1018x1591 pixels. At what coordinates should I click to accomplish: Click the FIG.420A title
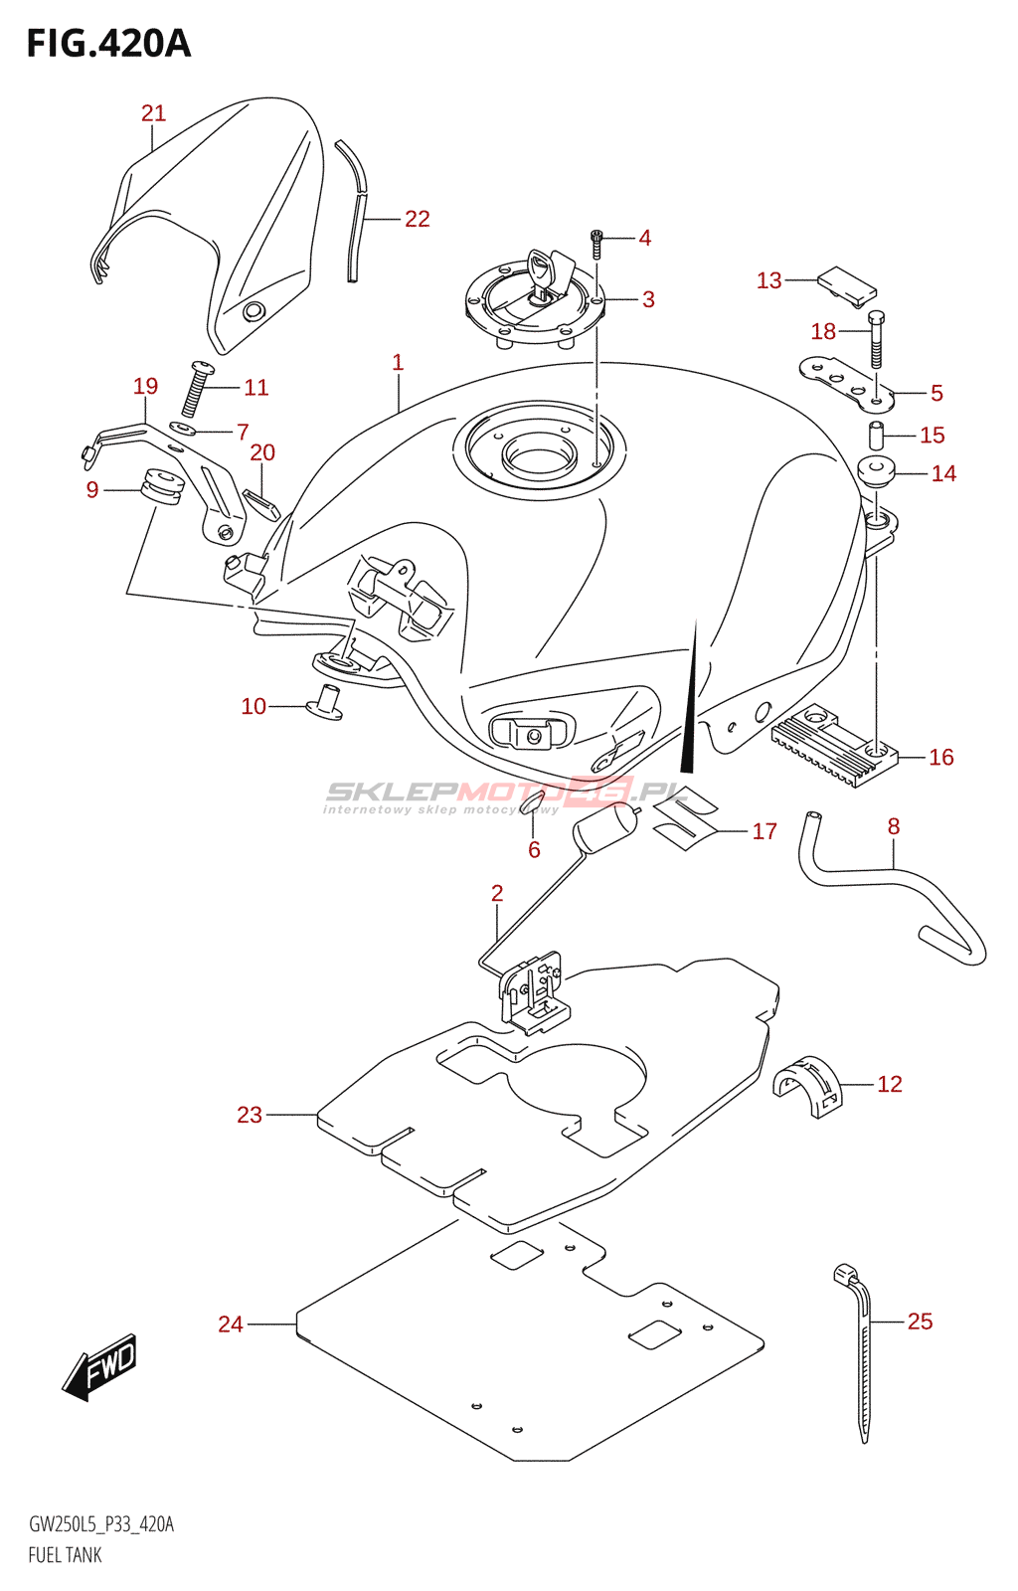pyautogui.click(x=107, y=44)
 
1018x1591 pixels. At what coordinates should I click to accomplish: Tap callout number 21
pyautogui.click(x=153, y=113)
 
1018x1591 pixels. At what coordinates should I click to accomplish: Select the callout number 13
pyautogui.click(x=768, y=280)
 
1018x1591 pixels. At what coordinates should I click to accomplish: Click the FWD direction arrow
pyautogui.click(x=99, y=1366)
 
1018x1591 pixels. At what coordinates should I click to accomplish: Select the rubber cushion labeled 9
pyautogui.click(x=162, y=486)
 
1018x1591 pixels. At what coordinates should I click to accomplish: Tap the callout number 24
pyautogui.click(x=231, y=1324)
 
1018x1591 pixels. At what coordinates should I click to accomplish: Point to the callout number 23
pyautogui.click(x=250, y=1115)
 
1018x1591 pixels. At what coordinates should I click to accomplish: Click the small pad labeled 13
pyautogui.click(x=846, y=283)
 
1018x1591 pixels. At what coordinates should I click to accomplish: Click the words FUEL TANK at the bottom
pyautogui.click(x=65, y=1555)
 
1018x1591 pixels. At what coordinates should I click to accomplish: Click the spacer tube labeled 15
pyautogui.click(x=877, y=436)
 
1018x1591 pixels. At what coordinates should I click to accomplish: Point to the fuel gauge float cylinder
pyautogui.click(x=604, y=828)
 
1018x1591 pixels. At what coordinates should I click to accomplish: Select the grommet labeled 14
pyautogui.click(x=877, y=470)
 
